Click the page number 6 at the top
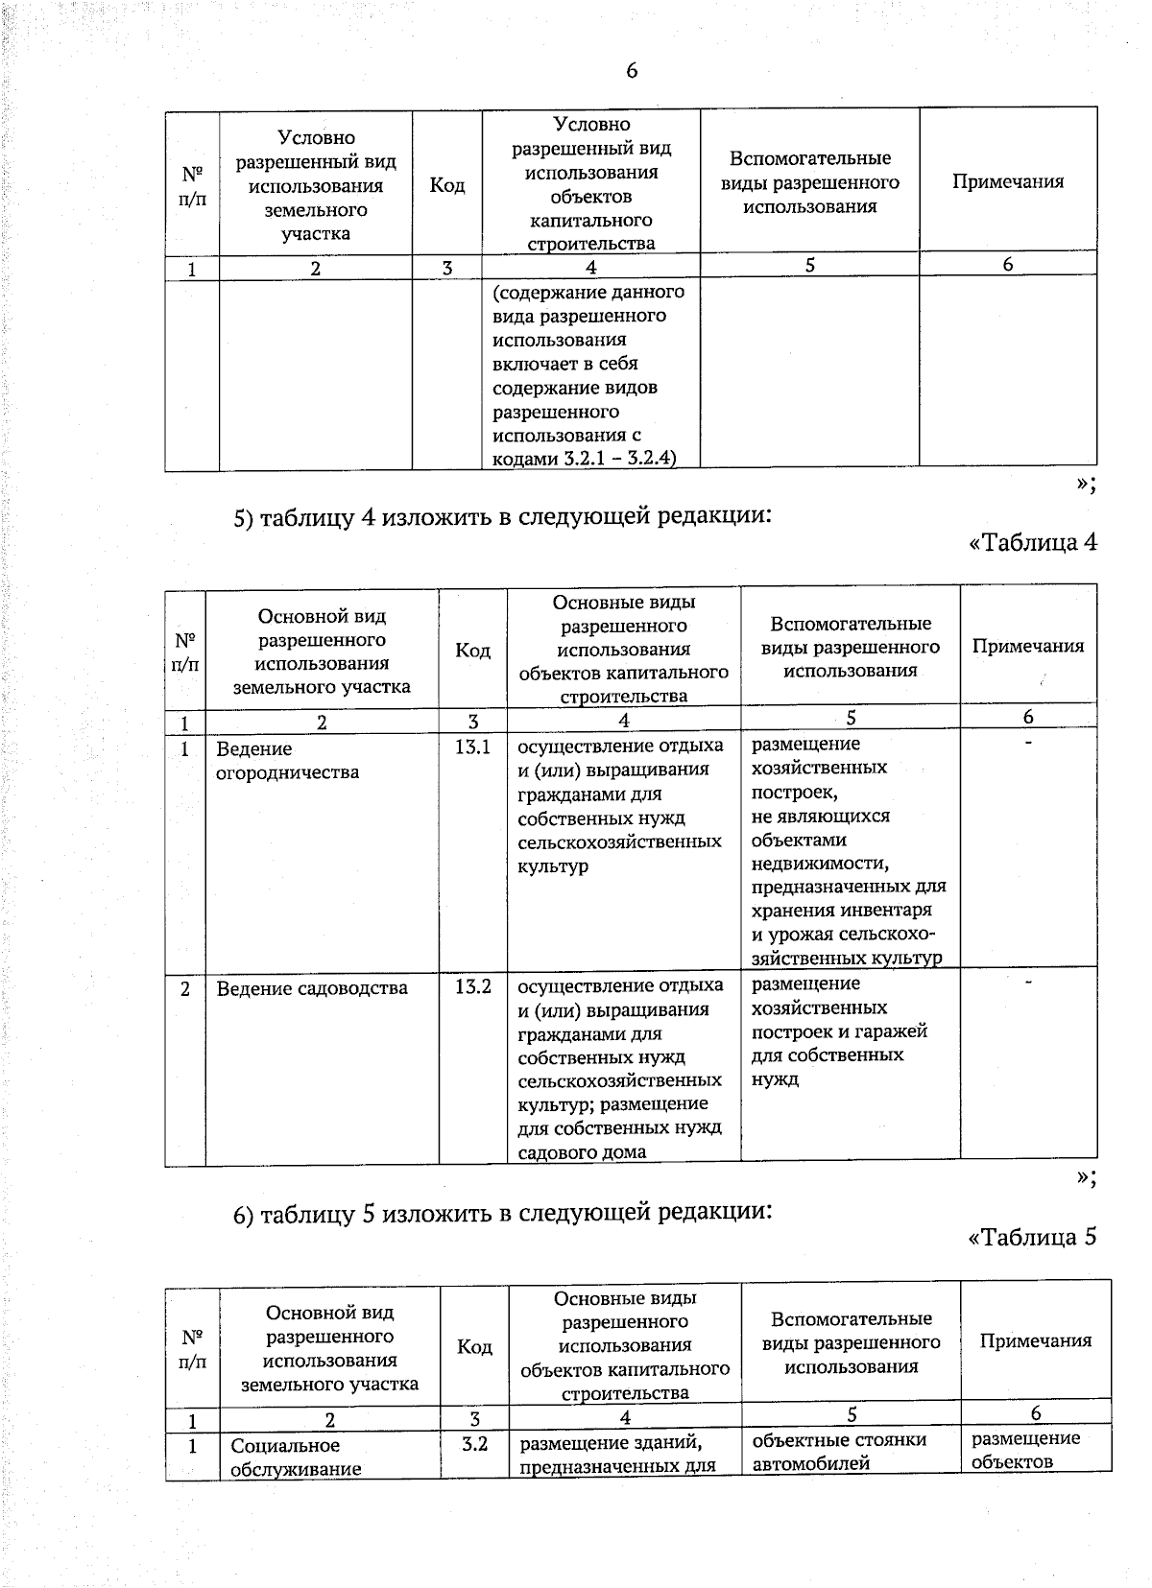tap(631, 71)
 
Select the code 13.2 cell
tap(472, 986)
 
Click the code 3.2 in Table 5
tap(474, 1443)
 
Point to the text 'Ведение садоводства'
tap(312, 988)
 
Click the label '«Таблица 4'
tap(1033, 542)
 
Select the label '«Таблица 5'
tap(1033, 1237)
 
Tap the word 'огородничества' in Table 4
tap(288, 772)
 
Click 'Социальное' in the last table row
tap(285, 1446)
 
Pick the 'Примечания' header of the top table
tap(1008, 182)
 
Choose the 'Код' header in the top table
tap(447, 185)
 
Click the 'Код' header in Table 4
tap(472, 651)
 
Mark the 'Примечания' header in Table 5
tap(1036, 1341)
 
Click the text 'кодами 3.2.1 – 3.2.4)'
tap(585, 459)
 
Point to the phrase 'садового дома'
tap(582, 1152)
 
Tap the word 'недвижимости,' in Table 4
tap(820, 864)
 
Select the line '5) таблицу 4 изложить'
tap(503, 517)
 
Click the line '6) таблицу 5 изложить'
tap(503, 1213)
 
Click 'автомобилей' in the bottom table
tap(811, 1463)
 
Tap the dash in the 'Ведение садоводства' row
tap(1028, 984)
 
